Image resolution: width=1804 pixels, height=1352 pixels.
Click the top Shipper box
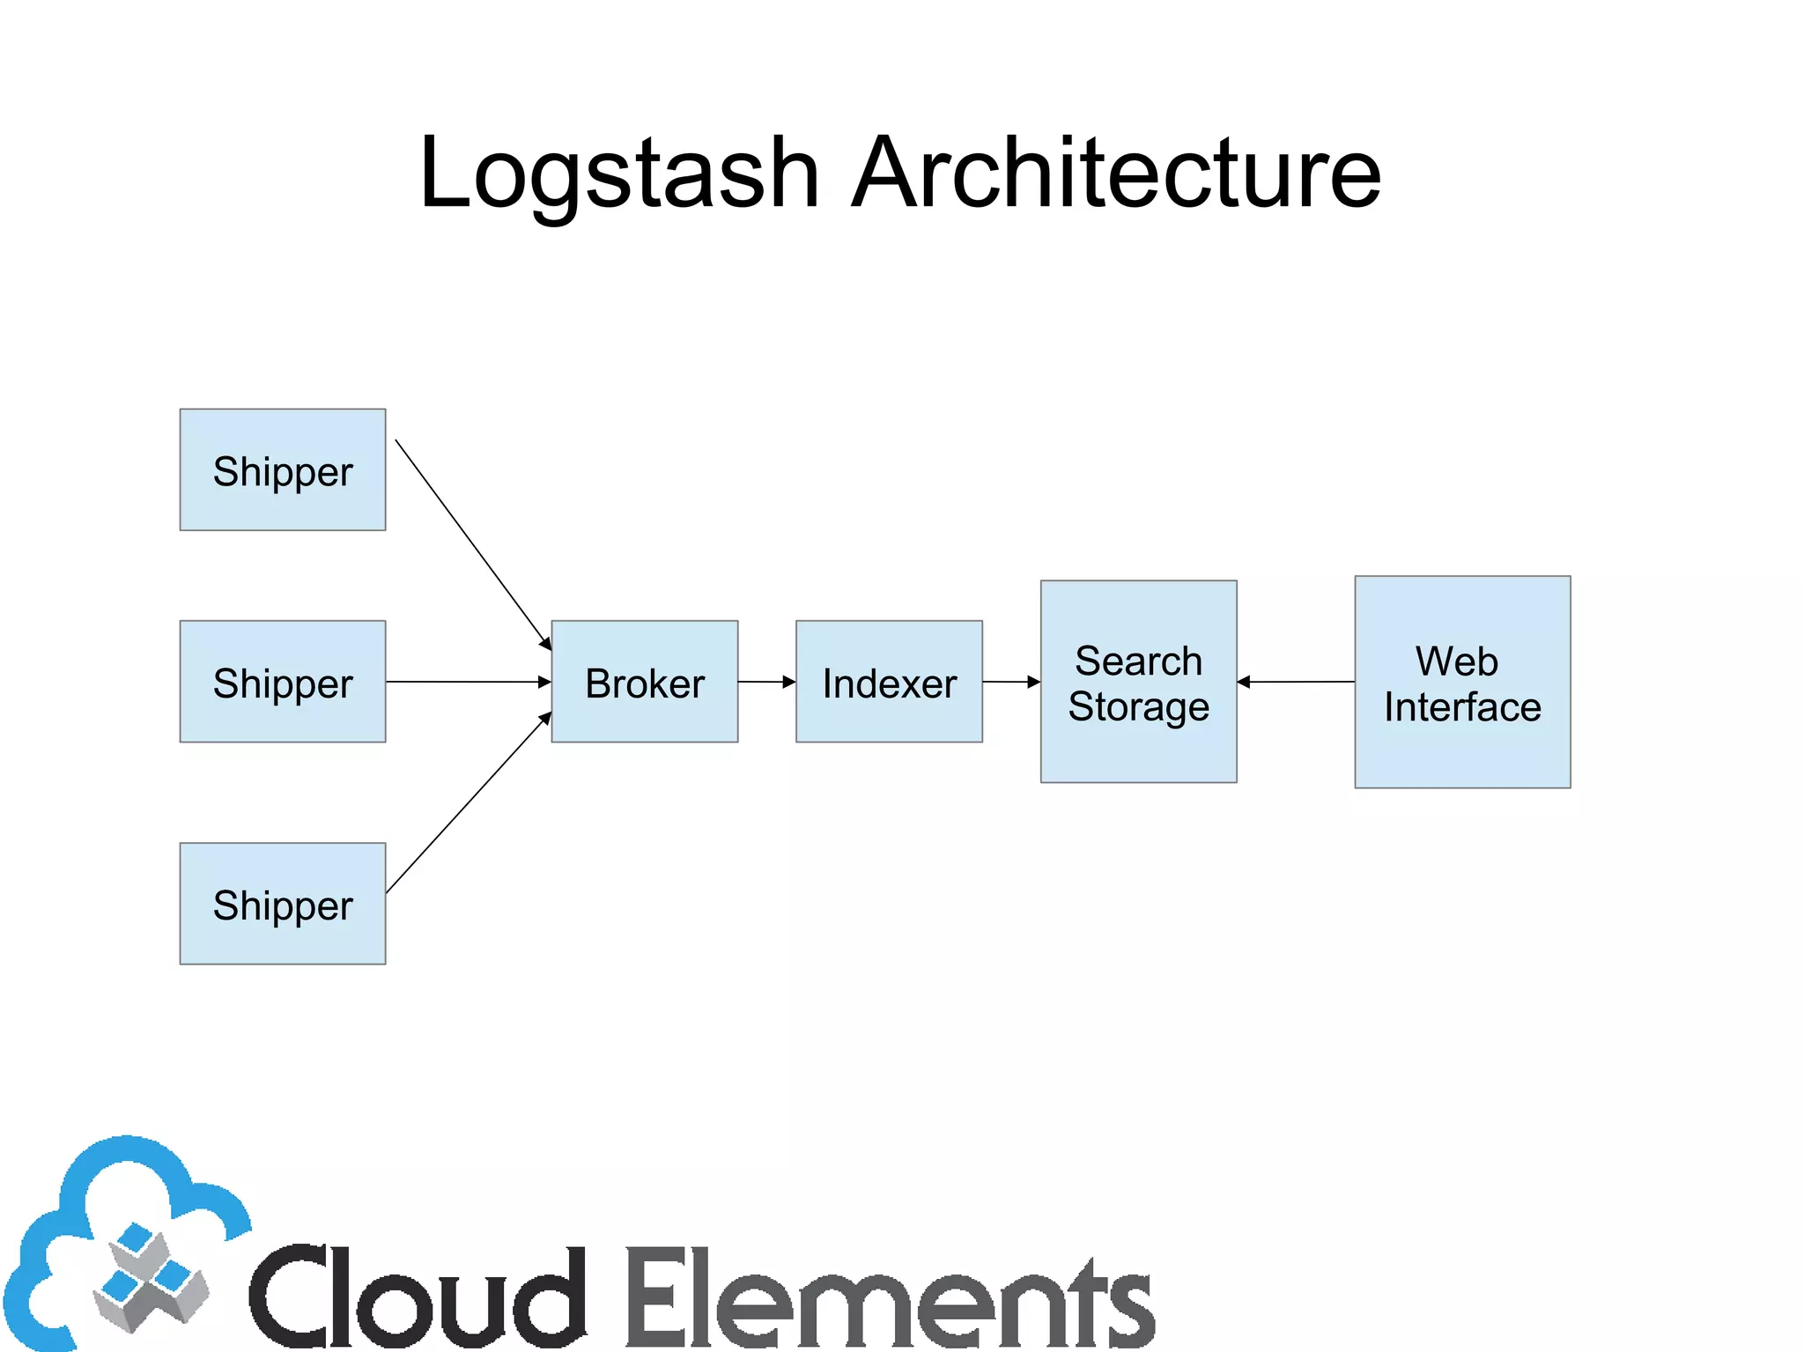[x=282, y=469]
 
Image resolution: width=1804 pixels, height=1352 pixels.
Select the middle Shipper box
[x=282, y=681]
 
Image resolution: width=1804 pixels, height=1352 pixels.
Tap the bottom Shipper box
[x=282, y=903]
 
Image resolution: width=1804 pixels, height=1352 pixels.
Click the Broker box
[x=644, y=681]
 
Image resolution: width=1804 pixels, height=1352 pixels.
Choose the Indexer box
[x=888, y=681]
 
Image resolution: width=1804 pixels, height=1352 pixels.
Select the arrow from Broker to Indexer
[x=765, y=681]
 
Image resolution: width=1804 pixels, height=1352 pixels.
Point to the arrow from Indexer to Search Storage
[x=1009, y=681]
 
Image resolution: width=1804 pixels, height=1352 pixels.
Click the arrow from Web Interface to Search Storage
[x=1295, y=681]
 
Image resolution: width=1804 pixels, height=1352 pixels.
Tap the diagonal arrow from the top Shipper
[x=472, y=543]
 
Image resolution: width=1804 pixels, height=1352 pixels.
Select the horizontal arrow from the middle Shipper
[x=467, y=681]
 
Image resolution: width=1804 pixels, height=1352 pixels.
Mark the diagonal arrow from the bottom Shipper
[x=467, y=804]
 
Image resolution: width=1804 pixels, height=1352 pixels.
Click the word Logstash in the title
[x=619, y=174]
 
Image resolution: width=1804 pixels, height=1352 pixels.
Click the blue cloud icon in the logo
[x=123, y=1233]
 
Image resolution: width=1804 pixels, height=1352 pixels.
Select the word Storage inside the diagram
[x=1138, y=707]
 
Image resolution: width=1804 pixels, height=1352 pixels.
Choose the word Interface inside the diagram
[x=1461, y=707]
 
